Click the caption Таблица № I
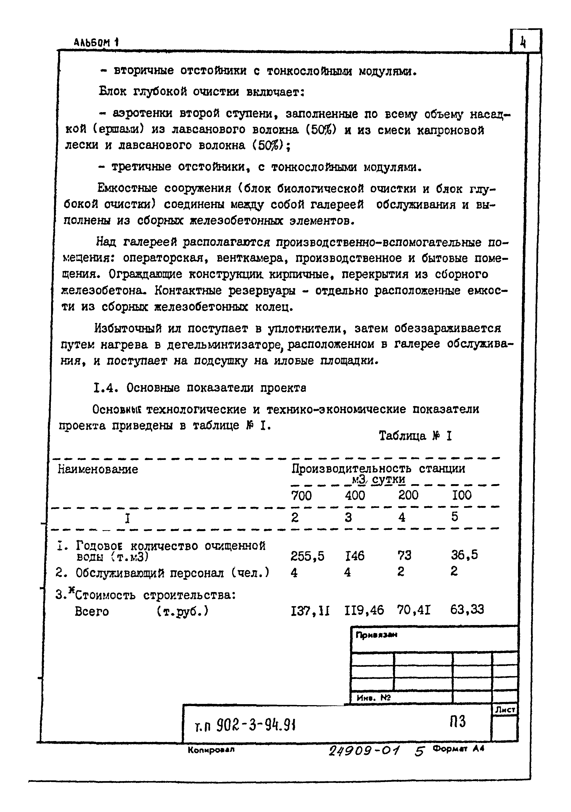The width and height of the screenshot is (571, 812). (415, 436)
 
